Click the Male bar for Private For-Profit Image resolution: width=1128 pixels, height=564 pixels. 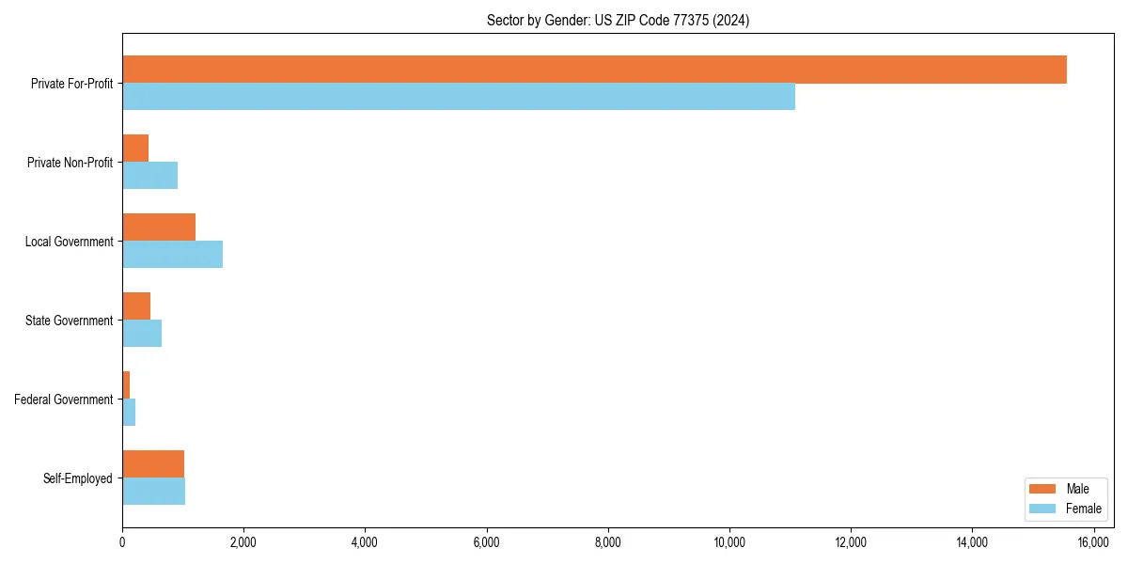coord(594,70)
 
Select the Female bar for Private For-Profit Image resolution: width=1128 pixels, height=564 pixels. coord(459,97)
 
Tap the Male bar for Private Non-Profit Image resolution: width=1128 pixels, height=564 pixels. coord(135,149)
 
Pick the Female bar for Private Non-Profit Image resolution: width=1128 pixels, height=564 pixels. coord(150,176)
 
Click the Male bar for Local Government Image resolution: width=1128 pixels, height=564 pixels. coord(159,227)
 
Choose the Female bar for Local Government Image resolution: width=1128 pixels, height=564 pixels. coord(172,255)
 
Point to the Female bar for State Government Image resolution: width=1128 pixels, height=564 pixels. coord(142,334)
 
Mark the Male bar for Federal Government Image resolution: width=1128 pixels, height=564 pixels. coord(126,385)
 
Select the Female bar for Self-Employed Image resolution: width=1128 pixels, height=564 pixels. coord(153,492)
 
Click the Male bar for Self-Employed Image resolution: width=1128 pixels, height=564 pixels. coord(153,464)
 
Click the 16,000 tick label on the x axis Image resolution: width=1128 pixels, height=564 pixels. coord(1093,542)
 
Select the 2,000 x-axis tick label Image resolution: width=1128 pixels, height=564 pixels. coord(243,542)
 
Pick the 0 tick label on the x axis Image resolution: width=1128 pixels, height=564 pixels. coord(122,542)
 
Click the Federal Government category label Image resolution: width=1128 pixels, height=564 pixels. coord(64,399)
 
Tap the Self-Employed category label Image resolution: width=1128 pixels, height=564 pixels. coord(78,478)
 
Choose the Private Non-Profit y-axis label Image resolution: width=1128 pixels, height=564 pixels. coord(70,163)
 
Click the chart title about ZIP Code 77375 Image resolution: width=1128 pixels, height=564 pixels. coord(618,20)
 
